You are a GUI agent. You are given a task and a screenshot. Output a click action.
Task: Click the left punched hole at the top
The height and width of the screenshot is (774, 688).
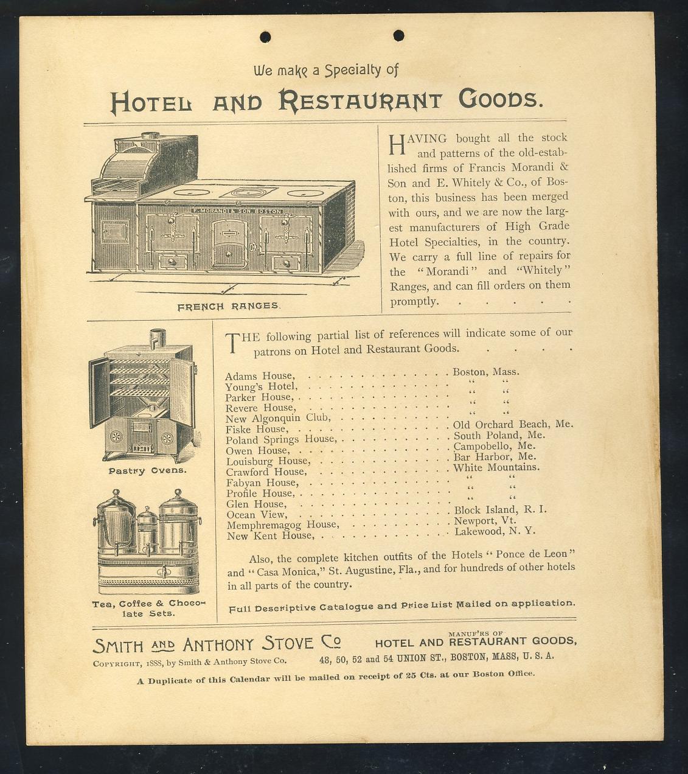(x=265, y=37)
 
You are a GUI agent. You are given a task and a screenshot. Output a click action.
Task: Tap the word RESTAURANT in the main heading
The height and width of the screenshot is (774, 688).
(x=360, y=100)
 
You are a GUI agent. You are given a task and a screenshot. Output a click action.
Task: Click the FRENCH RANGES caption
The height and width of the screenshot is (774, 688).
(x=228, y=306)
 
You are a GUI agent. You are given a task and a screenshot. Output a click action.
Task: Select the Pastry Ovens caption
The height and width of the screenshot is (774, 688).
(x=147, y=471)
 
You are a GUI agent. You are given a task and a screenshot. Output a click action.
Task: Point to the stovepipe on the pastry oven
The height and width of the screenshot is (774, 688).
(x=158, y=338)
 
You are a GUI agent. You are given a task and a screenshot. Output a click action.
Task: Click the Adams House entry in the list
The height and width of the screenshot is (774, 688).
(x=260, y=376)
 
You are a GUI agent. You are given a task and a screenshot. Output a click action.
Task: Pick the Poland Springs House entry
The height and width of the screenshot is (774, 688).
(x=280, y=439)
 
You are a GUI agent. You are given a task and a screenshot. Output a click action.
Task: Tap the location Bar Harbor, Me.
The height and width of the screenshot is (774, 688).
(x=495, y=456)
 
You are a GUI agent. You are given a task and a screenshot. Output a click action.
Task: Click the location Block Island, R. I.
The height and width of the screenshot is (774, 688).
(x=500, y=509)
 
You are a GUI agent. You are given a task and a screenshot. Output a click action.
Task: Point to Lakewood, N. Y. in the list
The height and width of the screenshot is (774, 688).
(x=495, y=531)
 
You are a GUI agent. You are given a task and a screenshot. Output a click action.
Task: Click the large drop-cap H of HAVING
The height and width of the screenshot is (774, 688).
(x=396, y=144)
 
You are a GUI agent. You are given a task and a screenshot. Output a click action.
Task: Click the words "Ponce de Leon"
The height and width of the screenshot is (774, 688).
(x=535, y=555)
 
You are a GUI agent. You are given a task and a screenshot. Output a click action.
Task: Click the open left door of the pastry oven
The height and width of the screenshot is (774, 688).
(x=99, y=392)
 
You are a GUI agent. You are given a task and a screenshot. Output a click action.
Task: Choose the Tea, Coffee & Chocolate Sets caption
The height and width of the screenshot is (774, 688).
(x=148, y=608)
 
